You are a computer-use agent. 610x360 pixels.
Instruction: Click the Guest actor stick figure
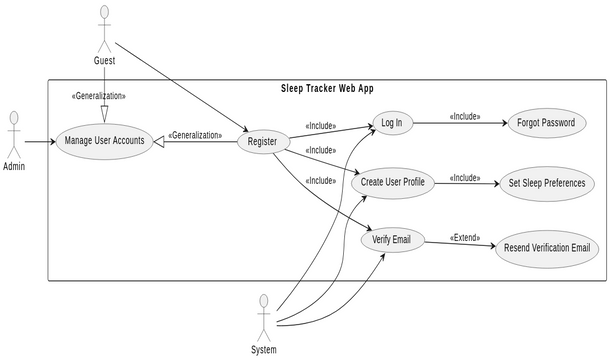coord(104,27)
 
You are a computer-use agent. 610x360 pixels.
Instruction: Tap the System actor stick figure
coord(264,317)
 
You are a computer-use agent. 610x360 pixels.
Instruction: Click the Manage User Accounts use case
coord(104,141)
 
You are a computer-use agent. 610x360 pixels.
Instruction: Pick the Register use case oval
coord(262,142)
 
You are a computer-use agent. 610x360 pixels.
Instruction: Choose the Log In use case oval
coord(391,124)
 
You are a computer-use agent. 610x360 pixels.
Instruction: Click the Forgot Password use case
coord(546,124)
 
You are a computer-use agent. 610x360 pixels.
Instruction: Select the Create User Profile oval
coord(392,182)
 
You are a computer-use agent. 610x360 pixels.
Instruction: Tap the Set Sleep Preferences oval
coord(546,183)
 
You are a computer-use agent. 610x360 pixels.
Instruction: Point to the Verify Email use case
coord(392,241)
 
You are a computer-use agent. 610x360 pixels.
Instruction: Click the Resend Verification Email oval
coord(546,247)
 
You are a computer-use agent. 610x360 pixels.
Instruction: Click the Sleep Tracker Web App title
coord(327,88)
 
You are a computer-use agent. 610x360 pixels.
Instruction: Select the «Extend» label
coord(465,237)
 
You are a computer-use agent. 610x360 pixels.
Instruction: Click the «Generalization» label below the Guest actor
coord(98,96)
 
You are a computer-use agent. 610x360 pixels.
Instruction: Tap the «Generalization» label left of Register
coord(195,135)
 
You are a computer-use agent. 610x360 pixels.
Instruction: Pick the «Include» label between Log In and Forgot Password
coord(465,116)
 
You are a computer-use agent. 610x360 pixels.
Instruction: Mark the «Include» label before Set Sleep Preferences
coord(465,177)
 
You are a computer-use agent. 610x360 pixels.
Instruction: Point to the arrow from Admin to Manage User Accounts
coord(38,141)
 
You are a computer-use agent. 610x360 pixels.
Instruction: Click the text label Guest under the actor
coord(104,61)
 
